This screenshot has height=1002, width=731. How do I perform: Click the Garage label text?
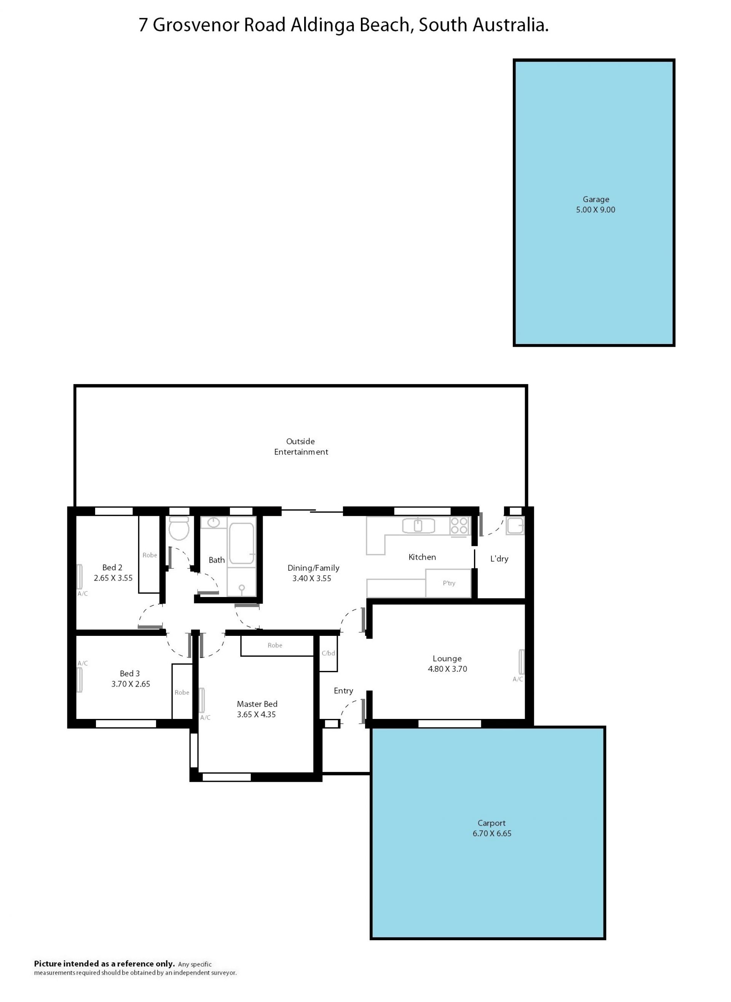[x=595, y=199]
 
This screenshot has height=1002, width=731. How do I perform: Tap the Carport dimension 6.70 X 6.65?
[x=492, y=833]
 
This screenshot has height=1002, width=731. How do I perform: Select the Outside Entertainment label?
[x=301, y=446]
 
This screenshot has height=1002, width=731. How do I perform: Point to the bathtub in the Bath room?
[x=242, y=543]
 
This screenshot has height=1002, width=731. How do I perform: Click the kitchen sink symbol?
[x=418, y=526]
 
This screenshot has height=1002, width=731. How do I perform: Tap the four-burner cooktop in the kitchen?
[x=459, y=526]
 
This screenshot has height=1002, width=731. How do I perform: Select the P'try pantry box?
[x=448, y=583]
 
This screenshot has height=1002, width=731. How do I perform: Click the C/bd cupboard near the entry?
[x=328, y=653]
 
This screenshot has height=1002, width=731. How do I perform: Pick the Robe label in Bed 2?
[x=150, y=555]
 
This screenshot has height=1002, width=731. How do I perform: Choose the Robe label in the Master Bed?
[x=275, y=645]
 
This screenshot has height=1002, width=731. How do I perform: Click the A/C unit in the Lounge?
[x=522, y=661]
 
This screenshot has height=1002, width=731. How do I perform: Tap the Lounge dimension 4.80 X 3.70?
[x=447, y=669]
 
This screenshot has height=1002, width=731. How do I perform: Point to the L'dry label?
[x=499, y=559]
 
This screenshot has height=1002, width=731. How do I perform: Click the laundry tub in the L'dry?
[x=516, y=526]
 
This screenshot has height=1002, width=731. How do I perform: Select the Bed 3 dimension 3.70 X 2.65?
[x=131, y=684]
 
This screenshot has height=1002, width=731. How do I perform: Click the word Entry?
[x=343, y=691]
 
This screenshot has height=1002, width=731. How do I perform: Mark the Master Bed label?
[x=257, y=704]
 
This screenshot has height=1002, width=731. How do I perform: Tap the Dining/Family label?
[x=313, y=568]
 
